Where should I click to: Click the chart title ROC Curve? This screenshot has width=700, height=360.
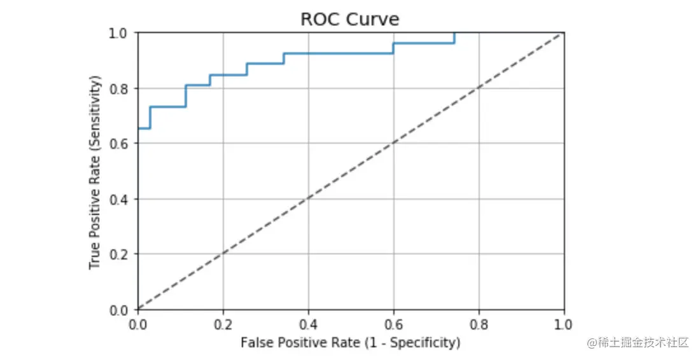(x=350, y=19)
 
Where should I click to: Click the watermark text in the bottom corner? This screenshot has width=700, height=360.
(x=638, y=343)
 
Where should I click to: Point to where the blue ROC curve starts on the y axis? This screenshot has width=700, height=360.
(x=139, y=128)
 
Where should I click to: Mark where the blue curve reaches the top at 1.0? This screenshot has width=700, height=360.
(x=454, y=33)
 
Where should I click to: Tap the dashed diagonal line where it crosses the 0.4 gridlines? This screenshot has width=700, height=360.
(x=309, y=199)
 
